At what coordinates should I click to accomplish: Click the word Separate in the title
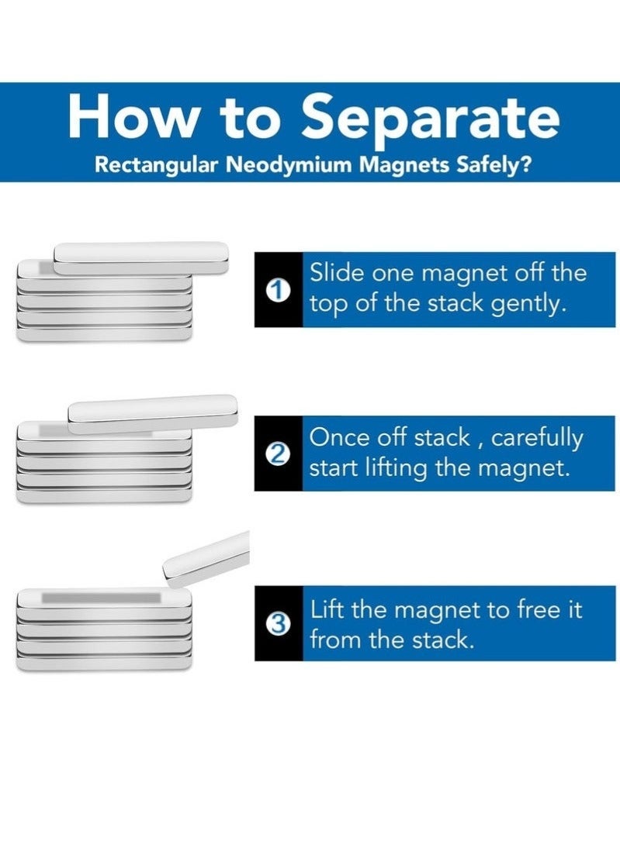[430, 119]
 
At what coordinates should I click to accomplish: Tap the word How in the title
[132, 116]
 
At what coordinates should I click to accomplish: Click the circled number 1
[279, 291]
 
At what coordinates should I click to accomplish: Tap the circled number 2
[279, 454]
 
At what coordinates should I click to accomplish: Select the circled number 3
[279, 624]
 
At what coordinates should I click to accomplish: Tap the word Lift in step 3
[327, 609]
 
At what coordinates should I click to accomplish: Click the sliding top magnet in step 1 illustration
[141, 257]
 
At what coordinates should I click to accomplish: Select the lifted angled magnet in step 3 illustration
[206, 559]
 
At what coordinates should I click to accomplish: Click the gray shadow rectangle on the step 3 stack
[102, 598]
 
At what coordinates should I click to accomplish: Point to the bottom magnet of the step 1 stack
[104, 334]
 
